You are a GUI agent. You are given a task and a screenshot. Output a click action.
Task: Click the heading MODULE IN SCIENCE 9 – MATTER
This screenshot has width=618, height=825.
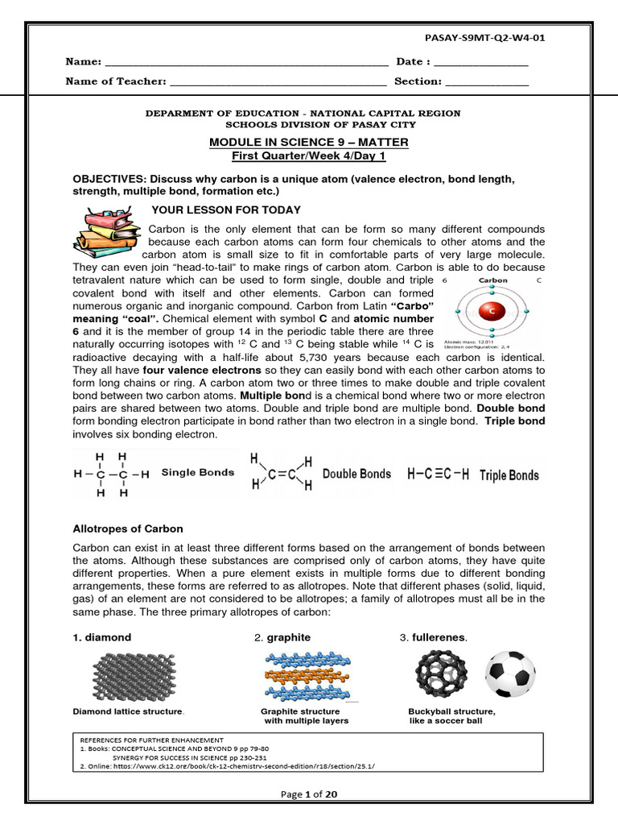click(x=309, y=143)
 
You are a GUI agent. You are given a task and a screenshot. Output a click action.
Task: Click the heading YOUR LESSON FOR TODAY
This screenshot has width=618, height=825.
click(x=226, y=210)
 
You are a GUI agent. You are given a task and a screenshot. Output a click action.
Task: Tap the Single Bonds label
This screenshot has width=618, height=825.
click(x=198, y=473)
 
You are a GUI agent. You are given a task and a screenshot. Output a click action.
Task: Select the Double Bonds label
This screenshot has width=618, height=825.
click(x=356, y=475)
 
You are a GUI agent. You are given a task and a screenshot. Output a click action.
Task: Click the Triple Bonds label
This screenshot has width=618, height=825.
click(x=509, y=475)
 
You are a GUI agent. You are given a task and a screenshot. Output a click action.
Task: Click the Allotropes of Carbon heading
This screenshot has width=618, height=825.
click(x=128, y=529)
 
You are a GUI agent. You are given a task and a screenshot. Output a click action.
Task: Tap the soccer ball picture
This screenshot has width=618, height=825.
click(x=510, y=674)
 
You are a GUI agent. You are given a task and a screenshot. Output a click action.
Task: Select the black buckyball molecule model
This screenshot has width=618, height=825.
click(x=442, y=674)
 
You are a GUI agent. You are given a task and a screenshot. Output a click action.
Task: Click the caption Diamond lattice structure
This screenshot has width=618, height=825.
click(x=129, y=712)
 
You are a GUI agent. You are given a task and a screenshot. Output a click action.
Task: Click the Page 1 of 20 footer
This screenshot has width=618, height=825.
click(x=309, y=794)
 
